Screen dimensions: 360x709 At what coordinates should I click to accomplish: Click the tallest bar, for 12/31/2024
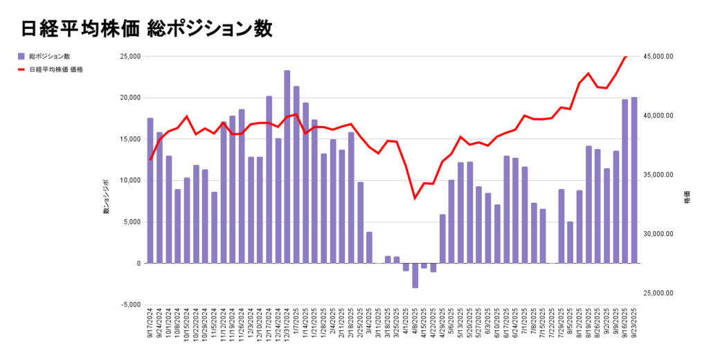click(x=287, y=167)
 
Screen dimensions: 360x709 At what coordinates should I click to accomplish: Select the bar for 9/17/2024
click(x=150, y=190)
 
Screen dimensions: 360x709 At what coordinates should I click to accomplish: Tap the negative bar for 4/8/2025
click(x=415, y=276)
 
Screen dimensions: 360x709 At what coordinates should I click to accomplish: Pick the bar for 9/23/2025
click(x=634, y=180)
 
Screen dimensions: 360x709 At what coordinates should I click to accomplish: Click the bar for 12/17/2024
click(x=269, y=180)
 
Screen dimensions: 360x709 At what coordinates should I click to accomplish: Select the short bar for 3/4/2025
click(x=369, y=248)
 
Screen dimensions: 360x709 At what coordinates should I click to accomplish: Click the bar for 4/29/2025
click(x=442, y=239)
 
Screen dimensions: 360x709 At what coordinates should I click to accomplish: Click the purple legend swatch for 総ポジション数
click(x=21, y=56)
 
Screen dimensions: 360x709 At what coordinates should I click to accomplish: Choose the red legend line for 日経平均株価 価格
click(x=21, y=69)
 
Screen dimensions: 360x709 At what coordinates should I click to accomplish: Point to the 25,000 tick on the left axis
click(x=130, y=56)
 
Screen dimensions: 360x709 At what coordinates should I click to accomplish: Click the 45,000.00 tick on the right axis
click(x=658, y=56)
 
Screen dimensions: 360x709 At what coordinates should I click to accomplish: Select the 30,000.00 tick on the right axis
click(x=658, y=234)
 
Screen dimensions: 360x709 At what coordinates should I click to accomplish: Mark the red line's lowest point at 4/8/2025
click(x=415, y=199)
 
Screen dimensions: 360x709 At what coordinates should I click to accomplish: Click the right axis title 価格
click(x=687, y=197)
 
